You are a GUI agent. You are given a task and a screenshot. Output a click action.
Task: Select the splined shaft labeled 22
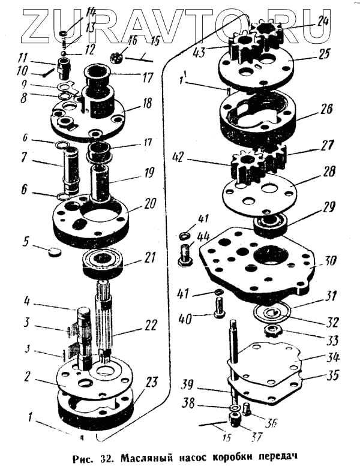pos(103,324)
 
